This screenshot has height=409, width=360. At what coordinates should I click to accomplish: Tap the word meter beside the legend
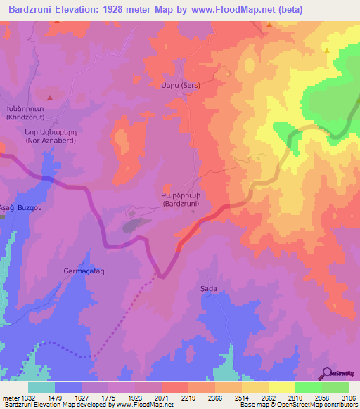[x=8, y=397]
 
